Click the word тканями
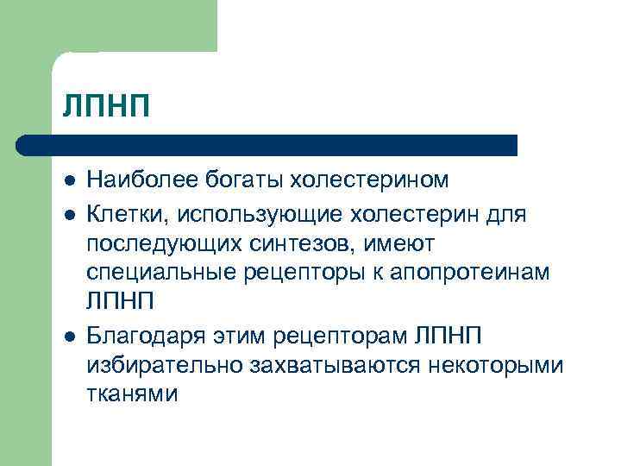click(131, 394)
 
